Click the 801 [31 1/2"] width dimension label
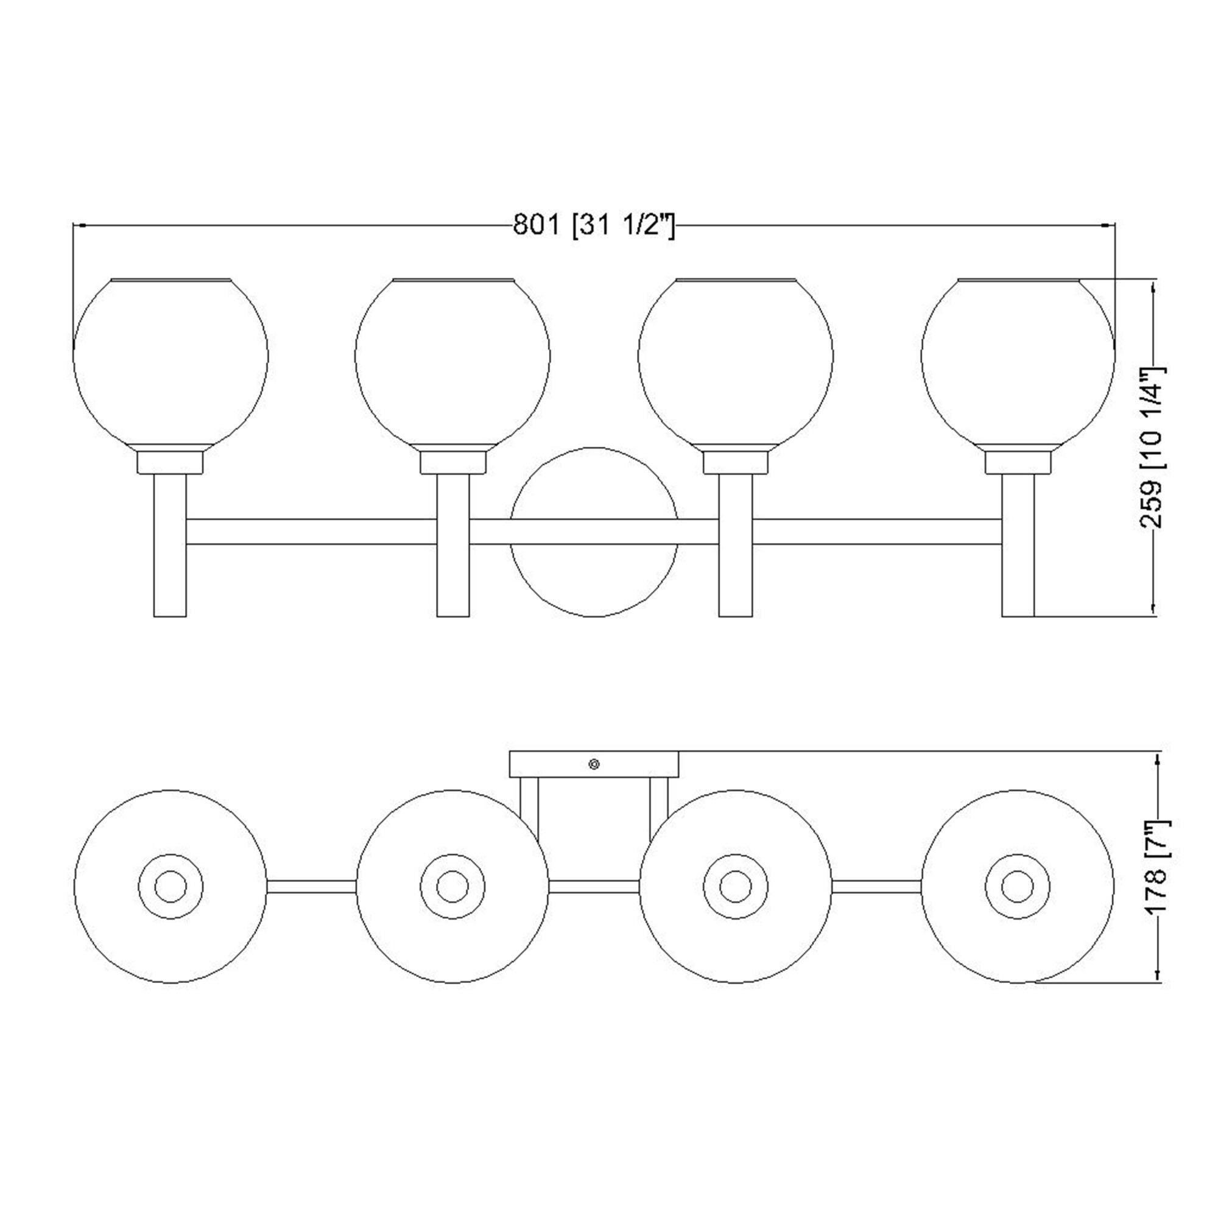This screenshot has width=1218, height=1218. click(594, 225)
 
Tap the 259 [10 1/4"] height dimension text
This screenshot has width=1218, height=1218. click(1153, 448)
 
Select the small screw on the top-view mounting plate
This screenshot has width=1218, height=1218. click(593, 764)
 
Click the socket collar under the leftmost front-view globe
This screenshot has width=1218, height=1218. click(171, 462)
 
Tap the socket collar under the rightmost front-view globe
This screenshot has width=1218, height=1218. click(1018, 462)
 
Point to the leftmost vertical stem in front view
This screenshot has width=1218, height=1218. click(171, 545)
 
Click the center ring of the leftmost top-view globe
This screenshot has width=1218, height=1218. click(171, 886)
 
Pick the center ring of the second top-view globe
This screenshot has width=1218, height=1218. click(452, 886)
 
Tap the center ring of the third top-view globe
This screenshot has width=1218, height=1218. click(735, 886)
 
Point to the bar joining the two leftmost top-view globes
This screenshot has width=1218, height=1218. click(311, 886)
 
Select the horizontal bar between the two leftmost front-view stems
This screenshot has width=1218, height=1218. click(311, 532)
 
